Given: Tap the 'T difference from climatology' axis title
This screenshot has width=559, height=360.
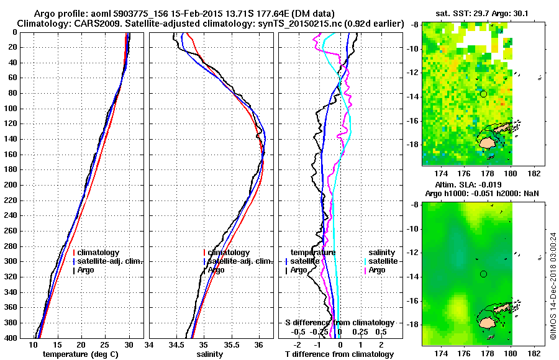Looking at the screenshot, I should [x=339, y=354].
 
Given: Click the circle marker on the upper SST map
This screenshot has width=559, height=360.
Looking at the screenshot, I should [x=483, y=94].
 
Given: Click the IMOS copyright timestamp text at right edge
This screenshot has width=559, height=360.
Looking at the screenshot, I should [x=552, y=286].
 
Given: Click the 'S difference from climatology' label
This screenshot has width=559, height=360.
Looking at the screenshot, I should [x=339, y=323].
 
